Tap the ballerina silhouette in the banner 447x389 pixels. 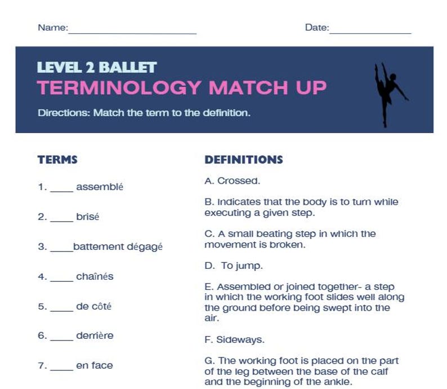coord(389,93)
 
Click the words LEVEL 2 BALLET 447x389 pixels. coord(96,68)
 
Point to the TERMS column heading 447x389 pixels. coord(57,160)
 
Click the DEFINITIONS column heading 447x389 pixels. coord(243,160)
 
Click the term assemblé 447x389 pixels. coord(99,187)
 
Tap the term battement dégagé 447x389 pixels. coord(118,246)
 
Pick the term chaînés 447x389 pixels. coord(95,276)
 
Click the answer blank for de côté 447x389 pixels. coord(61,308)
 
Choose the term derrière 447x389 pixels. coord(95,335)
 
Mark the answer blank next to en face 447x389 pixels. coord(61,367)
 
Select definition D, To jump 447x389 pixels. coord(234,265)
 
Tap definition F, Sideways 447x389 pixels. coord(234,340)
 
